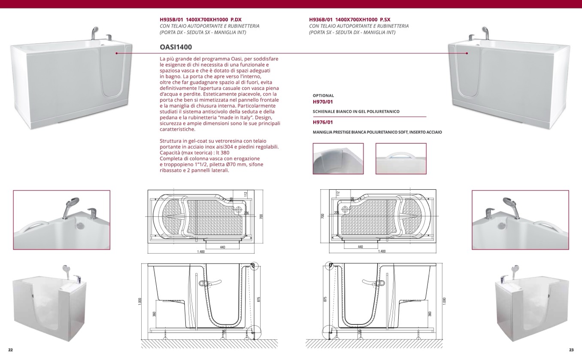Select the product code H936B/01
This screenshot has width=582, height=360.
[x=321, y=20]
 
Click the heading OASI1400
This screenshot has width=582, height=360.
[x=176, y=47]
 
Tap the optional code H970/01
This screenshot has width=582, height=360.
[x=323, y=102]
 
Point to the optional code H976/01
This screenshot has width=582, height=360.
[x=323, y=123]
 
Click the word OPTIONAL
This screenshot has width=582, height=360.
[x=323, y=96]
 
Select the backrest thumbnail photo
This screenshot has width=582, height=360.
[x=338, y=158]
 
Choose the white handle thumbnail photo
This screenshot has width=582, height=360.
[x=401, y=158]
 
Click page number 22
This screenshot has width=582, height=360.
[x=10, y=350]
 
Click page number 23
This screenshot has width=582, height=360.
[x=571, y=350]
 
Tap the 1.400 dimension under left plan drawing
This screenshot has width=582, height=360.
[x=200, y=252]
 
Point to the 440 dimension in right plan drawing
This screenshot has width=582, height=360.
[x=360, y=247]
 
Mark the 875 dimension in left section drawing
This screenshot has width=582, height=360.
[x=259, y=299]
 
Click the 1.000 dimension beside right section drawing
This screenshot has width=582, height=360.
[x=444, y=301]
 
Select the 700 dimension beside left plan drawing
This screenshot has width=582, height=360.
[x=261, y=217]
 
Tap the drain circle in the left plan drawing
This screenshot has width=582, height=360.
[x=239, y=210]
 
